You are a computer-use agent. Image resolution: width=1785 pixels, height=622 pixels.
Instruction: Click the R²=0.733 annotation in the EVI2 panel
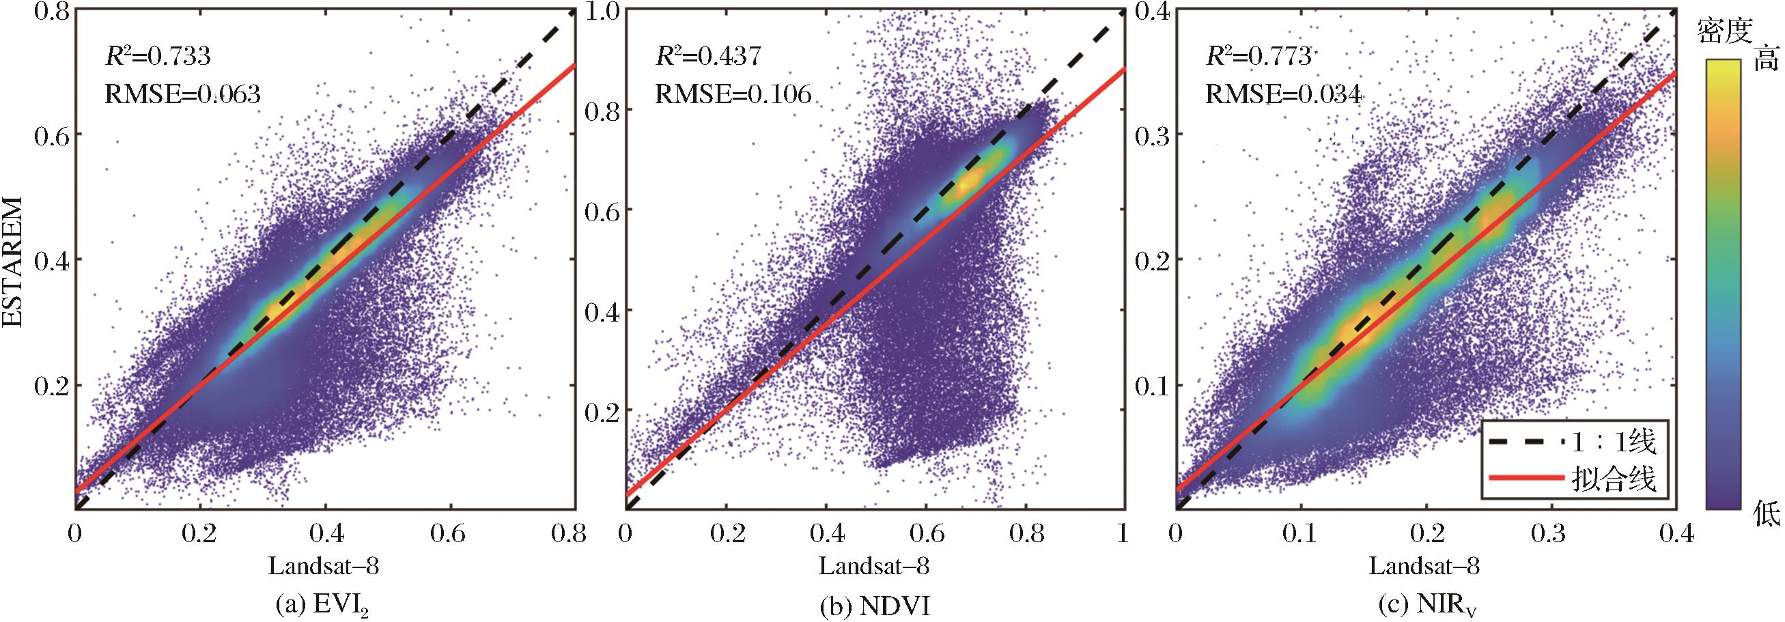(x=157, y=56)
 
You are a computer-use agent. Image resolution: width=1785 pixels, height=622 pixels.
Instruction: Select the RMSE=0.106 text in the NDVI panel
(x=733, y=94)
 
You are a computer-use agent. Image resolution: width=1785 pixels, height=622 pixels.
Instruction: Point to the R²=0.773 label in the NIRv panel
(x=1259, y=56)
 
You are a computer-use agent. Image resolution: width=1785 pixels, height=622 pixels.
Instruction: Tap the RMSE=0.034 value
(x=1283, y=94)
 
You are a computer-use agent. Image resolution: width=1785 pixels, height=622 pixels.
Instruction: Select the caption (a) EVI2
(x=323, y=606)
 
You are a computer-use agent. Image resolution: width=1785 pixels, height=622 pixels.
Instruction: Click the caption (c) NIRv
(x=1426, y=607)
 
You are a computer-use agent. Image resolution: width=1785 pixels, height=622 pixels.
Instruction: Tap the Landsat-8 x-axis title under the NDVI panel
(x=873, y=567)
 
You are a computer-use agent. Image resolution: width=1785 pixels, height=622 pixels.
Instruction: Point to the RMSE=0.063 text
(x=182, y=94)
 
